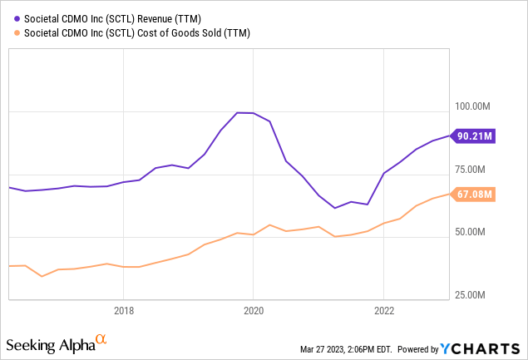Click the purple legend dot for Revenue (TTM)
pos(10,17)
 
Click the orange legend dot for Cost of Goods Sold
pos(10,32)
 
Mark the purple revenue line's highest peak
pos(239,112)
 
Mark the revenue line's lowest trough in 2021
pos(334,208)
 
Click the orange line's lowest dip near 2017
pos(42,276)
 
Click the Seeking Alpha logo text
pos(50,344)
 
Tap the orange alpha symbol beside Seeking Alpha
pos(101,339)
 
